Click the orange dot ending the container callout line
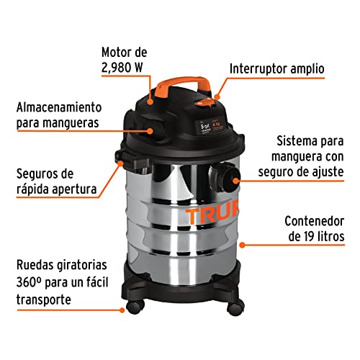[242, 245]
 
